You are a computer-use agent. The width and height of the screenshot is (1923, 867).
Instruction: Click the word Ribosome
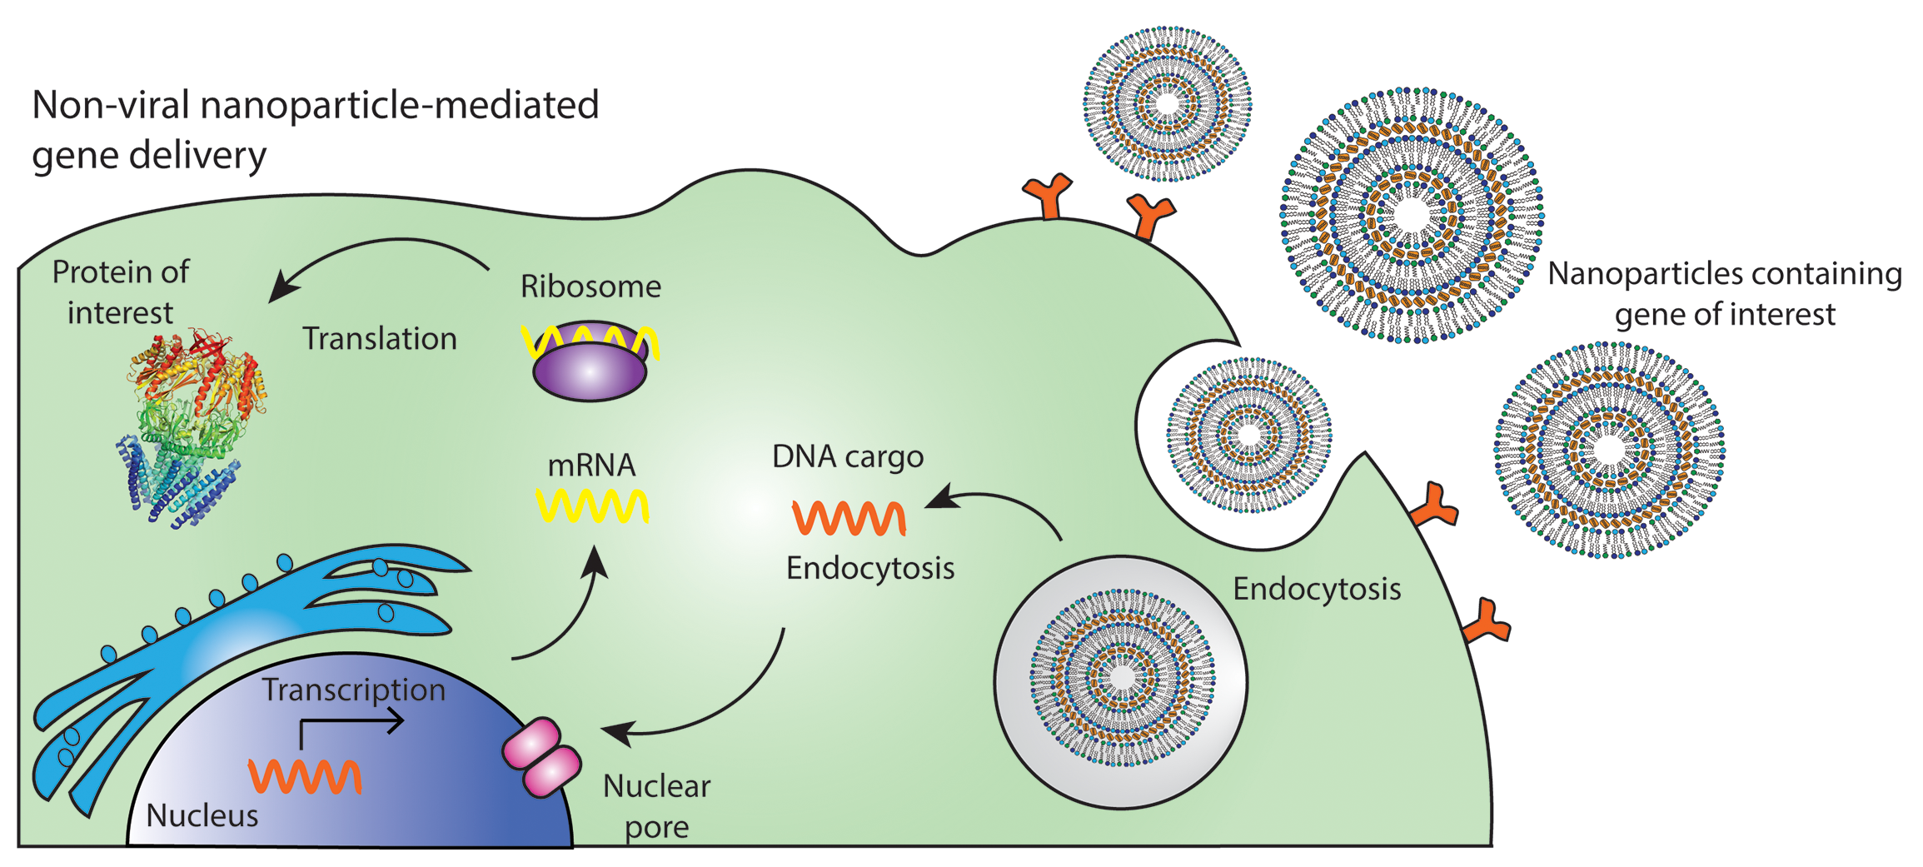pyautogui.click(x=590, y=287)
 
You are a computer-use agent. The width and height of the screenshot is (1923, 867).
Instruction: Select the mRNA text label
pyautogui.click(x=591, y=465)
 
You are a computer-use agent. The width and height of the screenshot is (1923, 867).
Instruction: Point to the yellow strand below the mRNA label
pyautogui.click(x=591, y=506)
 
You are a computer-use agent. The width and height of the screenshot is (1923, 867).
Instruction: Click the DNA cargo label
pyautogui.click(x=848, y=456)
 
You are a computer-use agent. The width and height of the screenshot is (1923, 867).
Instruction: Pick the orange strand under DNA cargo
pyautogui.click(x=849, y=517)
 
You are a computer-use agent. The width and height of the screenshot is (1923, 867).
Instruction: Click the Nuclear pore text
pyautogui.click(x=657, y=805)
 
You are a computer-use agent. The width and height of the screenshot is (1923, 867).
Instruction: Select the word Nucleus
pyautogui.click(x=202, y=815)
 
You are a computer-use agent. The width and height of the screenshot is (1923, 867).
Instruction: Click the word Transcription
pyautogui.click(x=354, y=690)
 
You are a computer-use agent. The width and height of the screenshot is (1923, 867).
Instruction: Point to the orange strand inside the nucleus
pyautogui.click(x=305, y=776)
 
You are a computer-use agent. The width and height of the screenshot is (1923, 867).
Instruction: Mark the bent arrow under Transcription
pyautogui.click(x=350, y=725)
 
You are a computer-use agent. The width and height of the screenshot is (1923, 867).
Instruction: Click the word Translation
pyautogui.click(x=380, y=339)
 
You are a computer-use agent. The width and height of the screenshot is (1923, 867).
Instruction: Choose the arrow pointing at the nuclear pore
pyautogui.click(x=708, y=708)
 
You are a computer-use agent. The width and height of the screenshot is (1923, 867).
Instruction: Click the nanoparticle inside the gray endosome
pyautogui.click(x=1122, y=678)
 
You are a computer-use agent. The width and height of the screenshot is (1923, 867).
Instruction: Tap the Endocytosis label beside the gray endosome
pyautogui.click(x=1317, y=589)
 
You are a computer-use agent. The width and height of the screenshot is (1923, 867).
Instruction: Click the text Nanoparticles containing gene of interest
pyautogui.click(x=1725, y=294)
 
